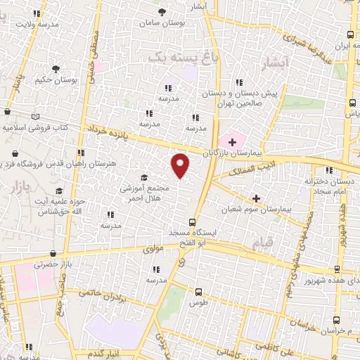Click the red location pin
181,165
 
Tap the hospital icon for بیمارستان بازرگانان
233,142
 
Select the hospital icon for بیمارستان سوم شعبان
256,199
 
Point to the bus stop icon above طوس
200,290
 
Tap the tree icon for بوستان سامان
162,12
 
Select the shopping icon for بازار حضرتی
53,254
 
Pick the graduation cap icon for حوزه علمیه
60,191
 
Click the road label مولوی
153,248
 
